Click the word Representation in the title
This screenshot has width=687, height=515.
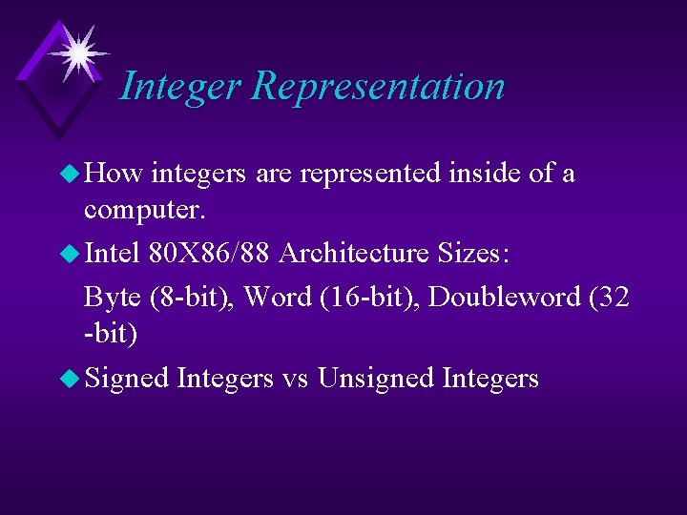378,87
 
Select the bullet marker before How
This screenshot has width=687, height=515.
69,174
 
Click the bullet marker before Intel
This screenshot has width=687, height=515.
69,254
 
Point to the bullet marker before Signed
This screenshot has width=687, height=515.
69,379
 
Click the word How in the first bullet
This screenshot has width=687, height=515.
114,174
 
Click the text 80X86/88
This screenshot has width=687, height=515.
209,254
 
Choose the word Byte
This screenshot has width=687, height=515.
113,298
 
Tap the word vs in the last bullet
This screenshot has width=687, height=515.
295,379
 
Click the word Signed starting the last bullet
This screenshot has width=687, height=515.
127,379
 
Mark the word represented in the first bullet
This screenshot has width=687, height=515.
370,174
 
